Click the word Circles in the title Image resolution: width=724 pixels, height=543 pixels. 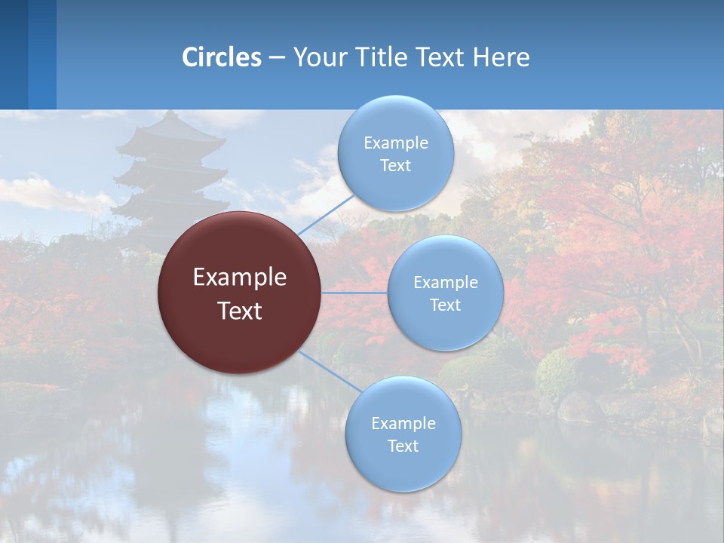click(222, 57)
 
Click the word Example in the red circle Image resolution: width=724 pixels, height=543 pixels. click(240, 278)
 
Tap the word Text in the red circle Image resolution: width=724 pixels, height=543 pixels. click(240, 311)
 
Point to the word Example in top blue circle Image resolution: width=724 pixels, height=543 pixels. click(396, 143)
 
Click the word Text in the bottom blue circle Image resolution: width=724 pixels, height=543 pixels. click(403, 446)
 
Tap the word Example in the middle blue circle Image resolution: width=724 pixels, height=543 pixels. click(446, 282)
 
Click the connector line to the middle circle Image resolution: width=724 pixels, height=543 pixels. click(354, 293)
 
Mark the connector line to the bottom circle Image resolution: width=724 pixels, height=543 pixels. click(330, 370)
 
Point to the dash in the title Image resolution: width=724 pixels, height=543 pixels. click(276, 58)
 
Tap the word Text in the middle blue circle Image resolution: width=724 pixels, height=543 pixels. click(445, 305)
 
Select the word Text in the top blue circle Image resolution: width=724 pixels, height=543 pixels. click(395, 165)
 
